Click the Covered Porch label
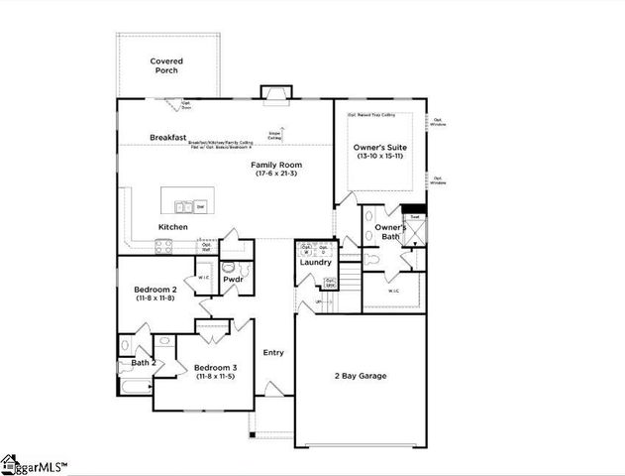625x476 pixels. [x=166, y=65]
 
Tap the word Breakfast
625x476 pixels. [x=168, y=137]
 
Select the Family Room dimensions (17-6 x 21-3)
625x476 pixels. [x=275, y=174]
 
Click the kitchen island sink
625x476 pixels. [x=183, y=207]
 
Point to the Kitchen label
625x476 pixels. [x=172, y=227]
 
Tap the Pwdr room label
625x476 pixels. [x=233, y=280]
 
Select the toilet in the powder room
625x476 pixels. [x=229, y=267]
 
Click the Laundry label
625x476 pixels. [x=316, y=262]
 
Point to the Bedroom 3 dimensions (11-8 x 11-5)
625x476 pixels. [x=215, y=377]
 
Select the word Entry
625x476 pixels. [x=273, y=352]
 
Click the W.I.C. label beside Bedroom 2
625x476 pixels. [x=203, y=279]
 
